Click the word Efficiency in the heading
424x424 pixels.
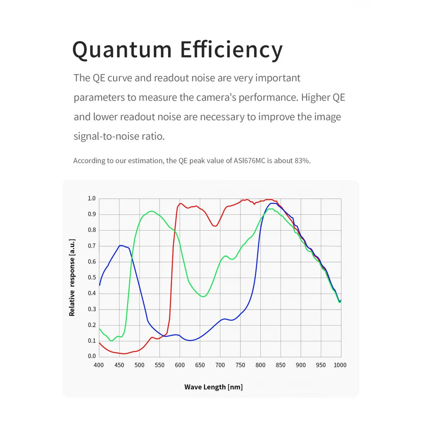pyautogui.click(x=231, y=50)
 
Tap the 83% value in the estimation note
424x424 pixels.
pyautogui.click(x=303, y=161)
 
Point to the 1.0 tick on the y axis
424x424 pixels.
pyautogui.click(x=92, y=198)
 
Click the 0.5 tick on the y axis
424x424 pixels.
pyautogui.click(x=92, y=277)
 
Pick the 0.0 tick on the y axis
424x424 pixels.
pyautogui.click(x=92, y=356)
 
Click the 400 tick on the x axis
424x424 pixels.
pyautogui.click(x=99, y=365)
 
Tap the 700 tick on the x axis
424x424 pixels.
pyautogui.click(x=220, y=365)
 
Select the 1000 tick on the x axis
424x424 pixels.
pyautogui.click(x=340, y=365)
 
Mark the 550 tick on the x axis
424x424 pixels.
pyautogui.click(x=159, y=365)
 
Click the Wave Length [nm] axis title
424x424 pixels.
pyautogui.click(x=213, y=387)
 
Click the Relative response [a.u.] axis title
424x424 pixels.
pyautogui.click(x=72, y=277)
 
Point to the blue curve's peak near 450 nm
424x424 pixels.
pyautogui.click(x=120, y=245)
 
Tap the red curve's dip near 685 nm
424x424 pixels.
pyautogui.click(x=215, y=226)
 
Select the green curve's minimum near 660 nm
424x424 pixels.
pyautogui.click(x=204, y=296)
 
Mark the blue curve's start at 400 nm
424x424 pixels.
pyautogui.click(x=99, y=285)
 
